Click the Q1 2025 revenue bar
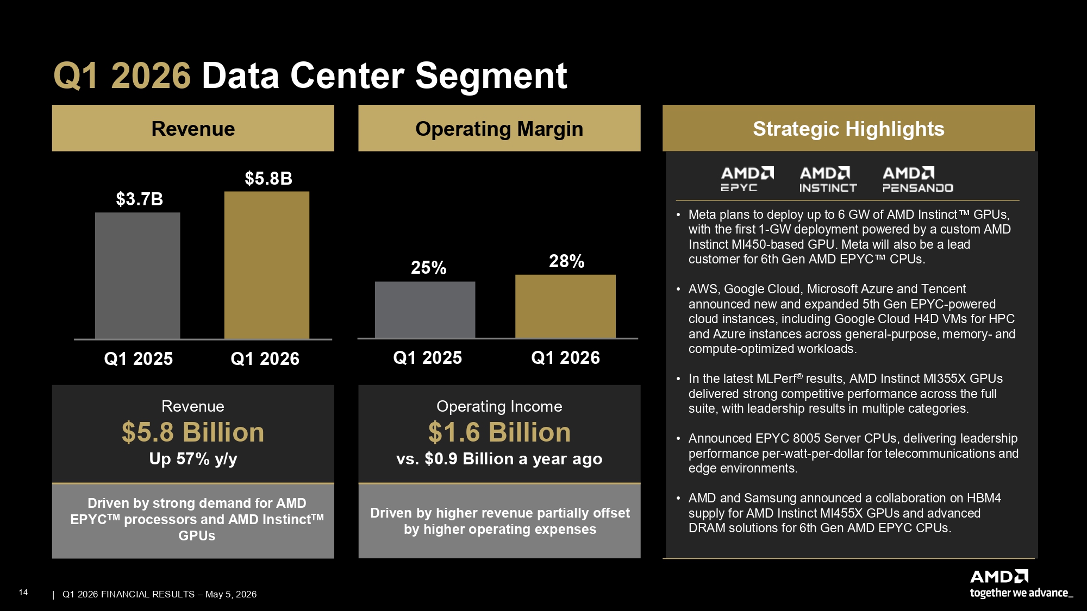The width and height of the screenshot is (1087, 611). click(138, 275)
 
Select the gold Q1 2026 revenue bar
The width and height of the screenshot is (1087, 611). click(267, 265)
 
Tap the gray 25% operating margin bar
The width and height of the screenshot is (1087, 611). click(425, 310)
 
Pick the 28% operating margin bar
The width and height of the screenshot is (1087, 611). click(565, 306)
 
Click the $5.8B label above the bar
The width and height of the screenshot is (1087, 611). click(268, 178)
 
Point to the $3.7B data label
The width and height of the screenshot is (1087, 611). click(139, 199)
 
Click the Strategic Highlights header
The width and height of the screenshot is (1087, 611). click(848, 128)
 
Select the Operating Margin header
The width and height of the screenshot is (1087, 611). click(499, 128)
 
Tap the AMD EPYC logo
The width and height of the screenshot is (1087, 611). click(747, 179)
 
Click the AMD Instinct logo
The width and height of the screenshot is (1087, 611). click(828, 179)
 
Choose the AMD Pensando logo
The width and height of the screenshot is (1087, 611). click(918, 179)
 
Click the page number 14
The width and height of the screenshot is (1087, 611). click(23, 593)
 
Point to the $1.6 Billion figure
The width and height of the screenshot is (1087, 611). click(499, 432)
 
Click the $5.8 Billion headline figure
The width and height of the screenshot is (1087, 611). click(193, 432)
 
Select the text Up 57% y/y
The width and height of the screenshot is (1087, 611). click(193, 459)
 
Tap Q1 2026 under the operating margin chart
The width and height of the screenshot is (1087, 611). click(565, 357)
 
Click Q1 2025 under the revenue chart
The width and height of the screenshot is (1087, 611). click(138, 358)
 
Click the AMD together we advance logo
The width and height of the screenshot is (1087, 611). click(1021, 584)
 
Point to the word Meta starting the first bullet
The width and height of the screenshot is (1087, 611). click(702, 215)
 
